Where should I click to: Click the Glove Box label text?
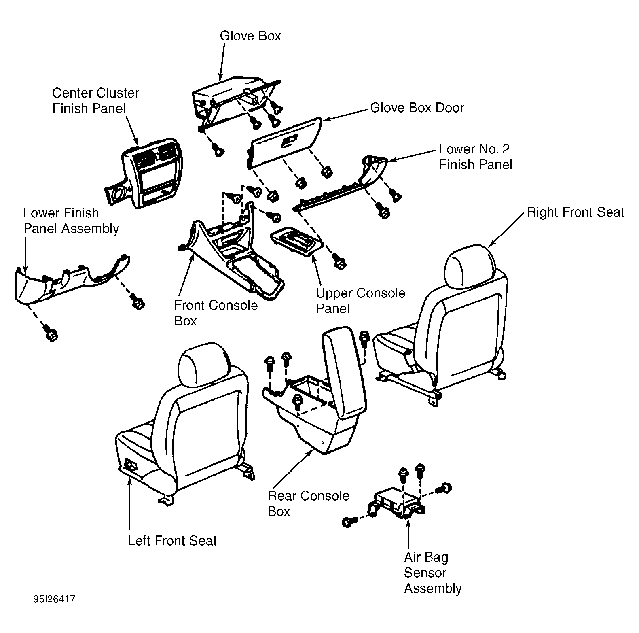coord(250,36)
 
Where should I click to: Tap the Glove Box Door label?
coord(417,108)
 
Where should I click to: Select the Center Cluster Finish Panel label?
coord(95,101)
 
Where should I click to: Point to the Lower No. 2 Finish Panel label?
coord(476,157)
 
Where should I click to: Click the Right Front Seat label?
coord(576,212)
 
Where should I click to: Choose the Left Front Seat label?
coord(172,541)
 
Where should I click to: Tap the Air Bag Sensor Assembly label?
coord(433,573)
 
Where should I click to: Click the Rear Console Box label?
coord(308,503)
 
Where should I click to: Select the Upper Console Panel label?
coord(360,301)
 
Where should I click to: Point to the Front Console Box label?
coord(216,312)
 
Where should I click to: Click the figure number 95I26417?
coord(55,599)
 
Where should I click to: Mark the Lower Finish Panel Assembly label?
coord(71,221)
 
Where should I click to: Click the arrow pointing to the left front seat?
coord(129,503)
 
